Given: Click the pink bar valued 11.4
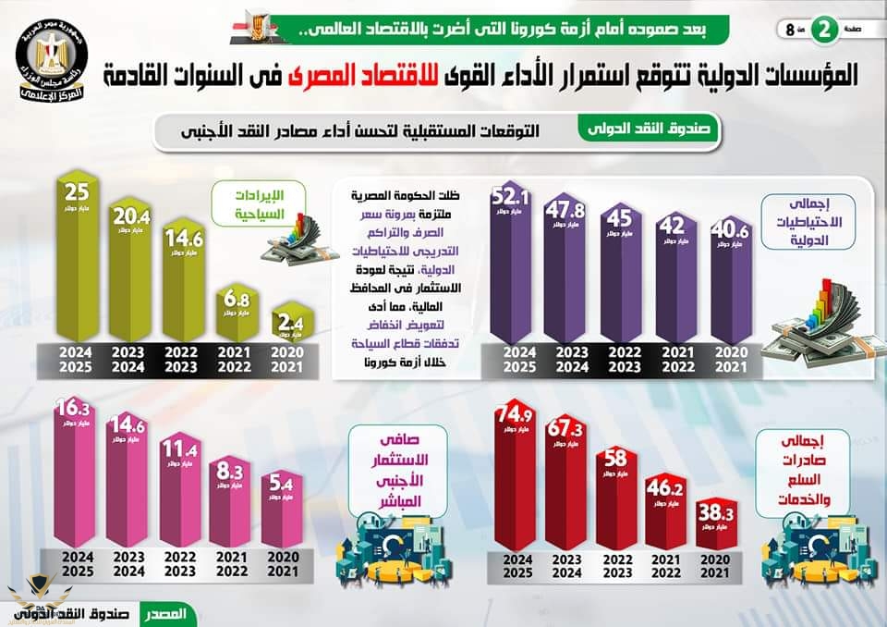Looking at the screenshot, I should pyautogui.click(x=183, y=495).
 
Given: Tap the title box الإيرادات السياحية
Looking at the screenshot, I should pyautogui.click(x=247, y=204).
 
